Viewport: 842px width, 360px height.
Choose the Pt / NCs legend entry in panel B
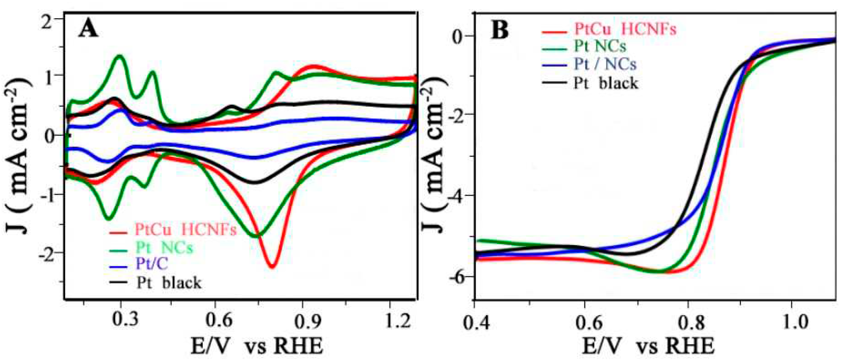point(605,64)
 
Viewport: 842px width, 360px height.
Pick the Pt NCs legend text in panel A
point(164,248)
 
